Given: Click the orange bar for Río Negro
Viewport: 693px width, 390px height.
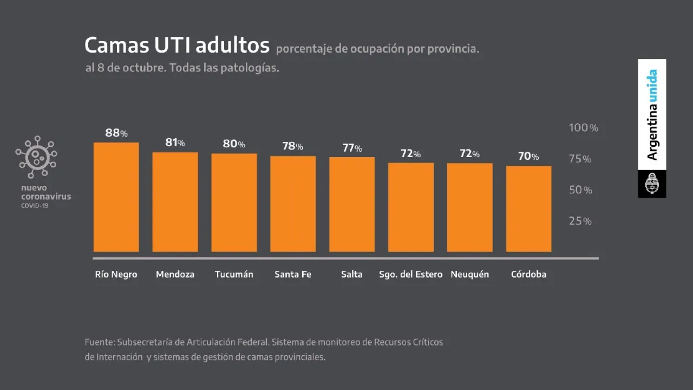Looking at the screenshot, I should coord(116,197).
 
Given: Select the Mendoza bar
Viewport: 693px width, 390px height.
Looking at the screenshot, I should coord(175,202).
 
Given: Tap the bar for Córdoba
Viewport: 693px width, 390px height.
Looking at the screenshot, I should coord(528,209).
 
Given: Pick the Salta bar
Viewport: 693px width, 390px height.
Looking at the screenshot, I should coord(352,204).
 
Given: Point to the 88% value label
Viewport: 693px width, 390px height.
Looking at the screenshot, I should coord(116,133).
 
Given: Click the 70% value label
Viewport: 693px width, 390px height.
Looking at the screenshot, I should coord(528,157).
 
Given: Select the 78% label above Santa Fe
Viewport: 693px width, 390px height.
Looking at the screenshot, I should coord(292,146).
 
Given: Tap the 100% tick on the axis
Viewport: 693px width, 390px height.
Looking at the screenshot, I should coord(583,128).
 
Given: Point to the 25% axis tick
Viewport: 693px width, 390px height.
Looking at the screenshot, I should coord(580,221).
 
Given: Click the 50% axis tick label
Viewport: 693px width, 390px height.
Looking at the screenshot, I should coord(580,190).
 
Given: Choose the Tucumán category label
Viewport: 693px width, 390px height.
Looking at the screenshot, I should coord(234,274).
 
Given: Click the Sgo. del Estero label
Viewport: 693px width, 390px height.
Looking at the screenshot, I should coord(411,274).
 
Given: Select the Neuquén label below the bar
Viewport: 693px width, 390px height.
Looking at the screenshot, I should coord(469,274).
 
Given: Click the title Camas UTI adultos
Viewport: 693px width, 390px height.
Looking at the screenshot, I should coord(177,45).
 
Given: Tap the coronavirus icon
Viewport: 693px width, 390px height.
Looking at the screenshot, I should coord(36,157).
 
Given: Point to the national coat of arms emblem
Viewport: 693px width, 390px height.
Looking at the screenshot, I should coord(652,184).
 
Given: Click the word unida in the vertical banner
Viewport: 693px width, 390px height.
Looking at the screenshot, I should coord(653,84).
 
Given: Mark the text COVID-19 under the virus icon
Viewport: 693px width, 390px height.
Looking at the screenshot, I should coord(35,206).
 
